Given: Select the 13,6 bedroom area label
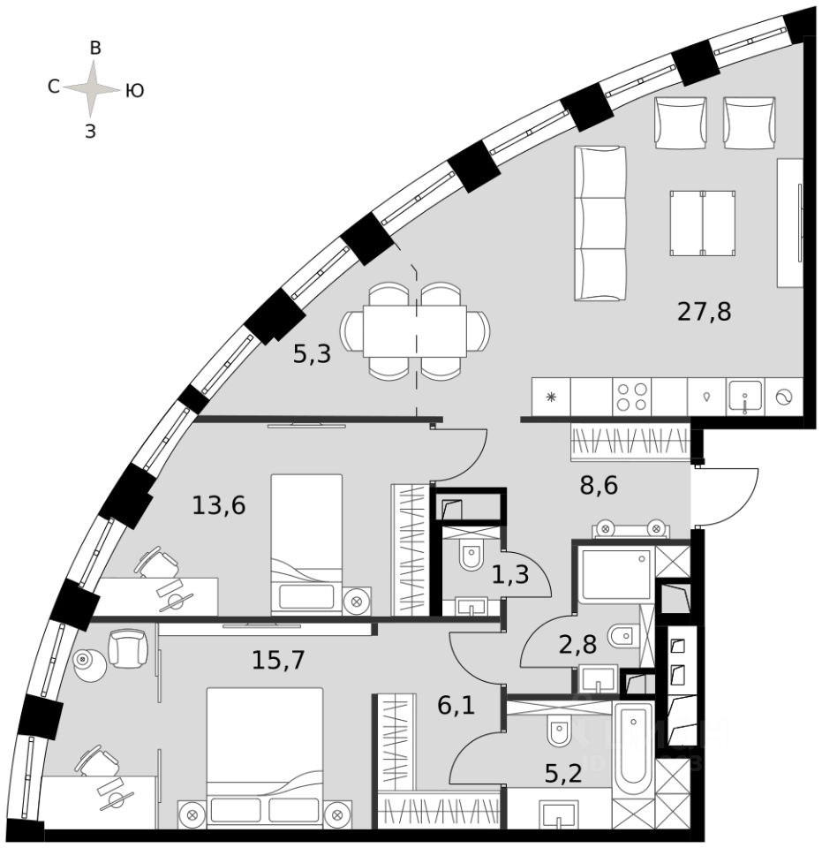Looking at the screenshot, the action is (219, 506).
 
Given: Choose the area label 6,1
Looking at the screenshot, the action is (456, 706).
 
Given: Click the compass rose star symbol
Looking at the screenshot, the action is (92, 88).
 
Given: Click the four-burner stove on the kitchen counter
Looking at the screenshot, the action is (632, 397).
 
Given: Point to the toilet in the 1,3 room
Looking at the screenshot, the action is (470, 557).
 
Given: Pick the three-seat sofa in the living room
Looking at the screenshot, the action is (600, 223).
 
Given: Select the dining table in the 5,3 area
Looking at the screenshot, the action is (416, 330).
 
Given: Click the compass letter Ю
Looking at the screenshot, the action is (134, 89).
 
